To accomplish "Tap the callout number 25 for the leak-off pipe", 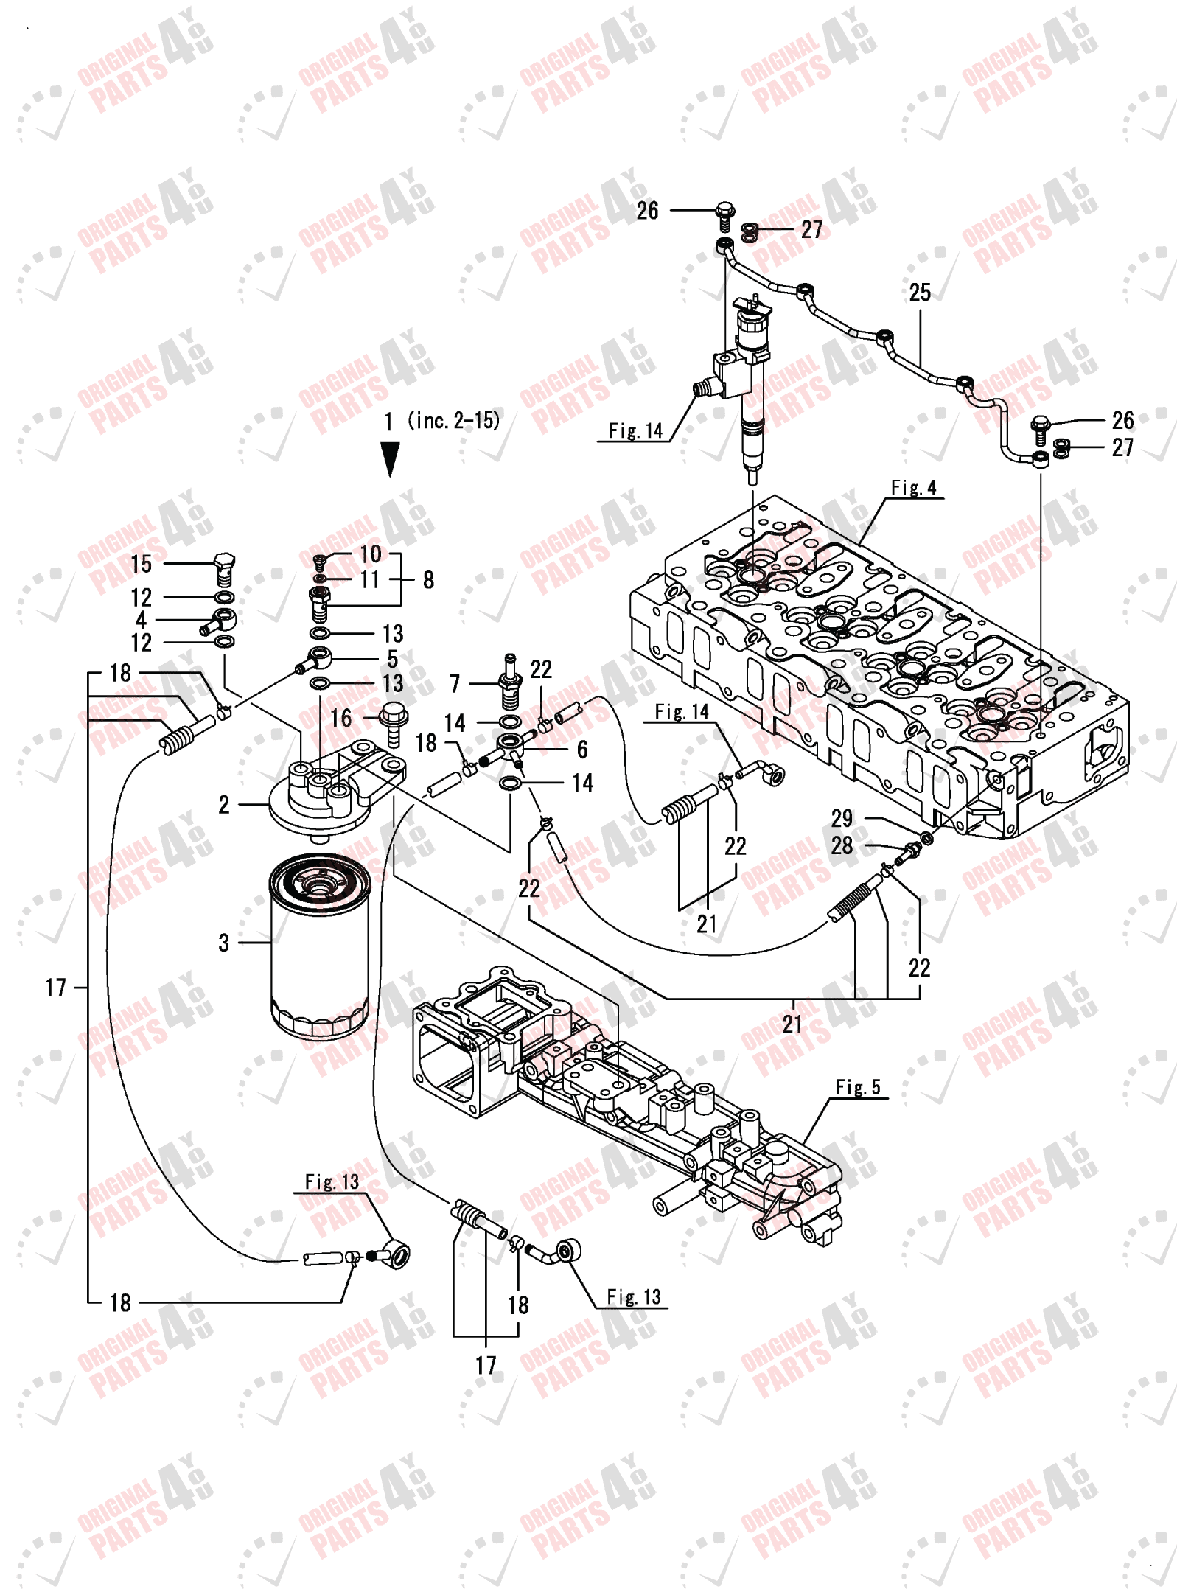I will [919, 293].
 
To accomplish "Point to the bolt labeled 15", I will [224, 568].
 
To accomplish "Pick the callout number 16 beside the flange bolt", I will [340, 718].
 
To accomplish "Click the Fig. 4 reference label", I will [912, 488].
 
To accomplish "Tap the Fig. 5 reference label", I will [857, 1087].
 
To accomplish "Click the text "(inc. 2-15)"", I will [453, 421].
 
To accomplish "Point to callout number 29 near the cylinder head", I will [841, 818].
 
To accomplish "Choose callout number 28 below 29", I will [841, 845].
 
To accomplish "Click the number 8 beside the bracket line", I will [428, 580].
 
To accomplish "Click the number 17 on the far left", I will [55, 988].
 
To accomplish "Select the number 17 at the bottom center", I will [485, 1365].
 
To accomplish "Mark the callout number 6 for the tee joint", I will [581, 750].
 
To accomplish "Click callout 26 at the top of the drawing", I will [646, 211].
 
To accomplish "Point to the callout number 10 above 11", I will [370, 554].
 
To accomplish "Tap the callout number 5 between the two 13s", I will [392, 658].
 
